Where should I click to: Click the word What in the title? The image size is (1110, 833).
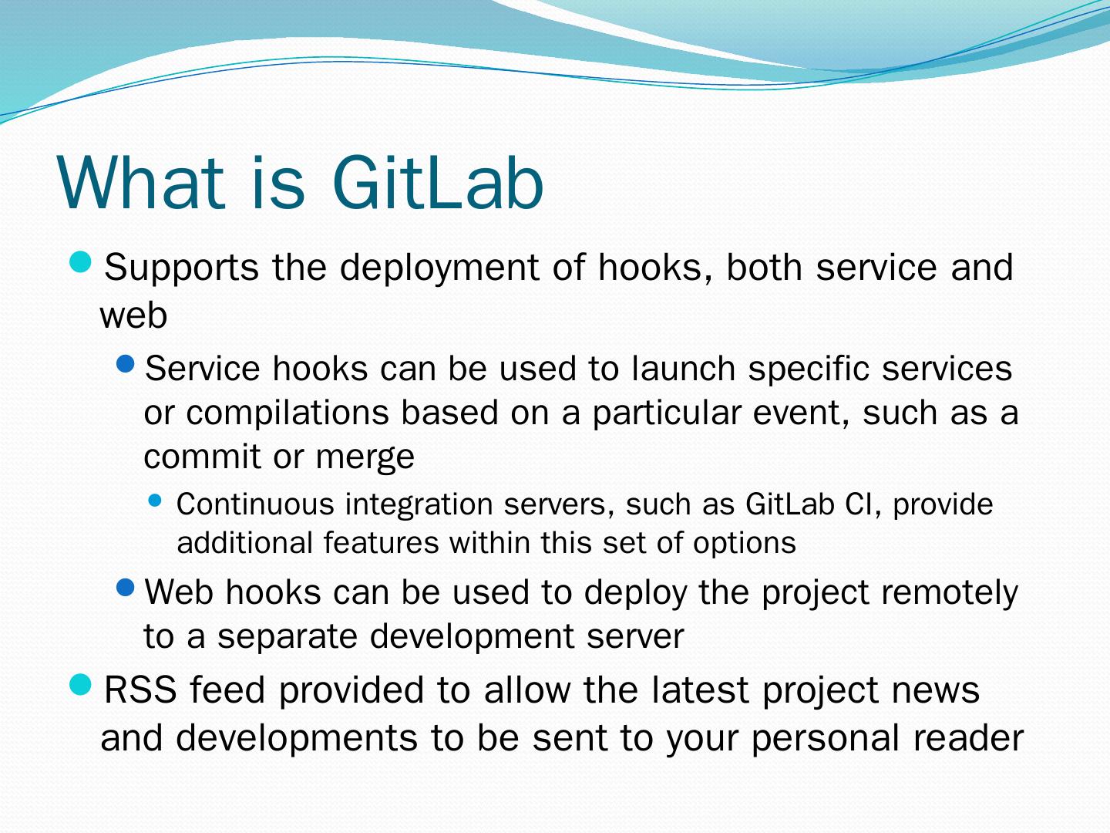click(141, 182)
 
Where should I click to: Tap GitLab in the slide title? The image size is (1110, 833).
click(438, 182)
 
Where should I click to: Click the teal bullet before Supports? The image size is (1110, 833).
click(80, 262)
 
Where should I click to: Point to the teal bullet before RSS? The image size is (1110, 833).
click(80, 685)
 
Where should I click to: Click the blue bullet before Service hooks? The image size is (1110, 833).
click(126, 363)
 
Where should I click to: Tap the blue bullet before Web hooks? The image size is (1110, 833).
click(126, 587)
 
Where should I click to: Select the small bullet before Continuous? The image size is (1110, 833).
click(155, 501)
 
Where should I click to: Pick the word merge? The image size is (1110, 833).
click(365, 457)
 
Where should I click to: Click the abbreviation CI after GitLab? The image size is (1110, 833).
click(863, 504)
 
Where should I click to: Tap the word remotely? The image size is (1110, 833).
click(949, 594)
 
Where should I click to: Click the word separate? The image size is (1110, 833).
click(288, 637)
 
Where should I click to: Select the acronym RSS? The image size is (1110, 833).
click(140, 690)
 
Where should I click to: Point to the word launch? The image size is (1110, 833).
click(683, 368)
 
